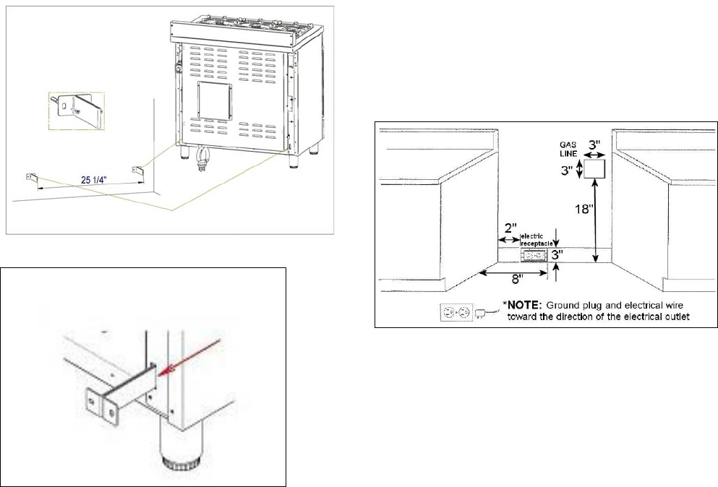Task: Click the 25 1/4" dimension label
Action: click(x=90, y=175)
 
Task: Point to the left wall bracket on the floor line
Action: click(x=30, y=178)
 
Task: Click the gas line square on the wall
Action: click(x=594, y=169)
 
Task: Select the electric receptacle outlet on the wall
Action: click(x=534, y=256)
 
